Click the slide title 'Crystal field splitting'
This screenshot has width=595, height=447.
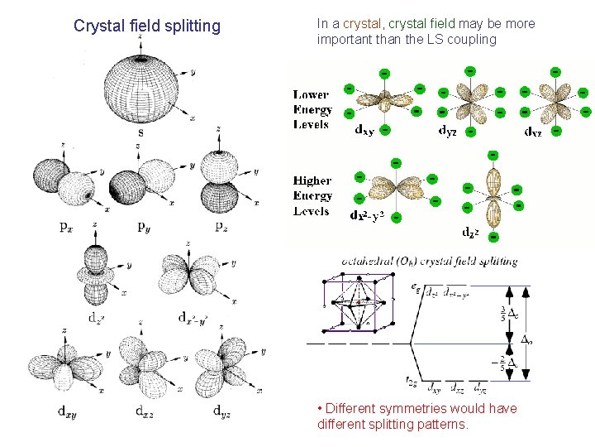147,26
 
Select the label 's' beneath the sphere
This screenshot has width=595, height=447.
140,132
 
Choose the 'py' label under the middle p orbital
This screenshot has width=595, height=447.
143,226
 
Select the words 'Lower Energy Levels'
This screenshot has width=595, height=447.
312,110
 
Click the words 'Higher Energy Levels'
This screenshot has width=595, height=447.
312,195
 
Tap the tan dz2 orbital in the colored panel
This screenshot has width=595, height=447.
493,195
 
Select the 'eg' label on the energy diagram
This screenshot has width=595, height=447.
415,286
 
